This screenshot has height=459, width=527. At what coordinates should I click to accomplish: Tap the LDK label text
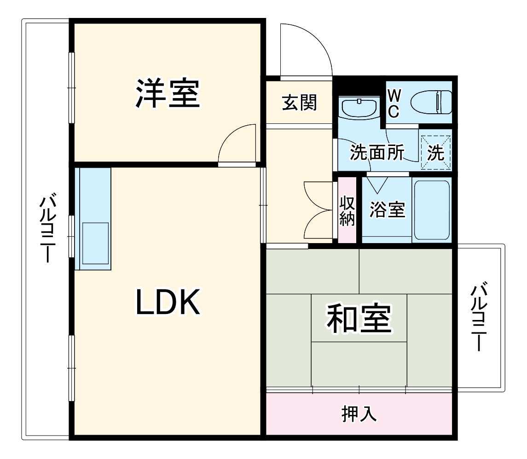[x=167, y=302]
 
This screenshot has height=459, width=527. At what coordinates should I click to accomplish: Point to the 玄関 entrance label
[x=299, y=102]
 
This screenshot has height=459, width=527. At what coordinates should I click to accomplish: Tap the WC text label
[x=393, y=104]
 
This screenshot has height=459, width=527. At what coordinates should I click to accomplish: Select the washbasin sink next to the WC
[x=359, y=108]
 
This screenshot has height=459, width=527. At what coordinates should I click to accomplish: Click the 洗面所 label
[x=376, y=152]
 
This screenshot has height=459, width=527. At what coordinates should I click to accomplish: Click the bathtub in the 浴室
[x=431, y=209]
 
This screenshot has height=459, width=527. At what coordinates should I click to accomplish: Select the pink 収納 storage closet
[x=347, y=210]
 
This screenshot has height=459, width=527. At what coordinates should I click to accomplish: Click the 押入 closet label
[x=359, y=413]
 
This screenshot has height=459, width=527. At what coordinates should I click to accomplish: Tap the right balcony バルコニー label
[x=479, y=318]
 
